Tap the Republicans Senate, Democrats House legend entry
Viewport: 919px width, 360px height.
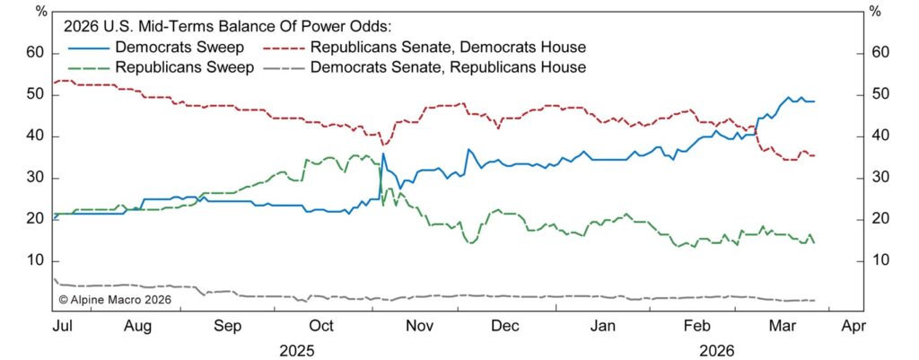coord(448,47)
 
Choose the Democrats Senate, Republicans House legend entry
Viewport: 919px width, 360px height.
coord(448,66)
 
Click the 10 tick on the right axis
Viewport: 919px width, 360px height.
coord(883,260)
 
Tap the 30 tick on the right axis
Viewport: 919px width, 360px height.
coord(883,178)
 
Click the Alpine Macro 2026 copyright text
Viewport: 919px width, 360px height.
coord(114,300)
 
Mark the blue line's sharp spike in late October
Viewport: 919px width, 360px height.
coord(383,154)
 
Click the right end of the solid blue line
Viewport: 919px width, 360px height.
coord(814,101)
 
